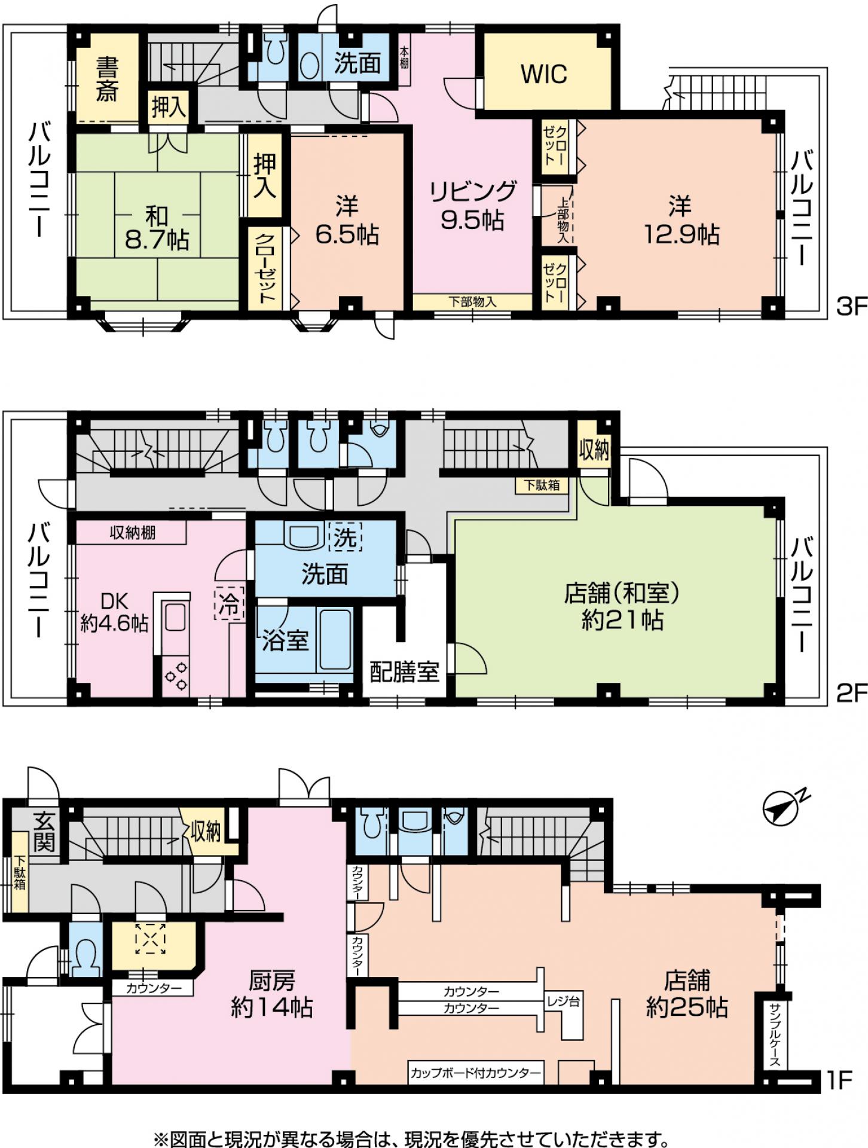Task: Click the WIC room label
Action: pos(544,74)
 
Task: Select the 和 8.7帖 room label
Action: pos(157,228)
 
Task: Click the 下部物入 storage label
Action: pos(472,301)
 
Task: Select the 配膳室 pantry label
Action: pos(404,671)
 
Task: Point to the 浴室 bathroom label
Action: pos(285,640)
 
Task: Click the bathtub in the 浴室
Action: pos(335,640)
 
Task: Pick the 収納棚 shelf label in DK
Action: pos(133,532)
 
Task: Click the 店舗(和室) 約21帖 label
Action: pos(622,606)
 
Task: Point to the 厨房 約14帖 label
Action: pos(272,994)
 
